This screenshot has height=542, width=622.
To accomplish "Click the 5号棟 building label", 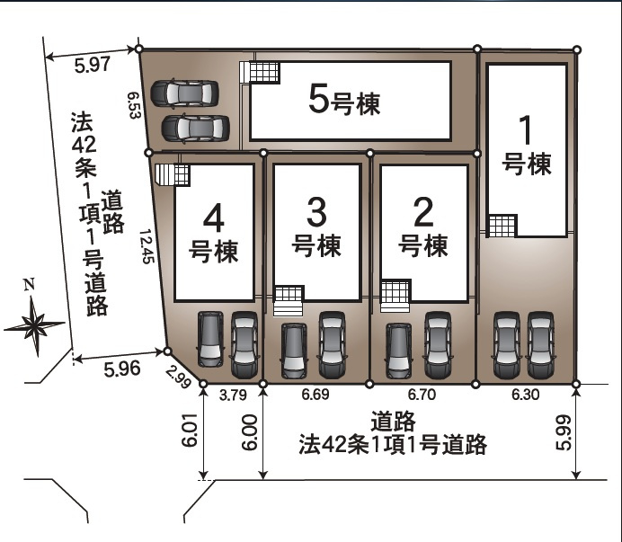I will [344, 102].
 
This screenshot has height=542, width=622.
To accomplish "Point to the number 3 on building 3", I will [317, 213].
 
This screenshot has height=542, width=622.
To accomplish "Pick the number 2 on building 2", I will [423, 213].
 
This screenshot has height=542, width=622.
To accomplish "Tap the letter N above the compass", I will [29, 285].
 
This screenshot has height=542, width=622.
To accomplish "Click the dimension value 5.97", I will [92, 64].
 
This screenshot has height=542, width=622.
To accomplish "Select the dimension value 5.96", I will [122, 367].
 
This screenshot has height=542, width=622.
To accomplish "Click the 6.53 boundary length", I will [135, 103].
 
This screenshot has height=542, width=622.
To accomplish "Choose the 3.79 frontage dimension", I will [232, 393].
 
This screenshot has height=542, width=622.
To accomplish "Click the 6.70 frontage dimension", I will [422, 393].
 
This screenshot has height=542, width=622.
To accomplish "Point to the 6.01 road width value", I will [189, 432].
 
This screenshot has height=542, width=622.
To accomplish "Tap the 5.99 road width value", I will [563, 432].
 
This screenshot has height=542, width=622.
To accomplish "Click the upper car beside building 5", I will [185, 92].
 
